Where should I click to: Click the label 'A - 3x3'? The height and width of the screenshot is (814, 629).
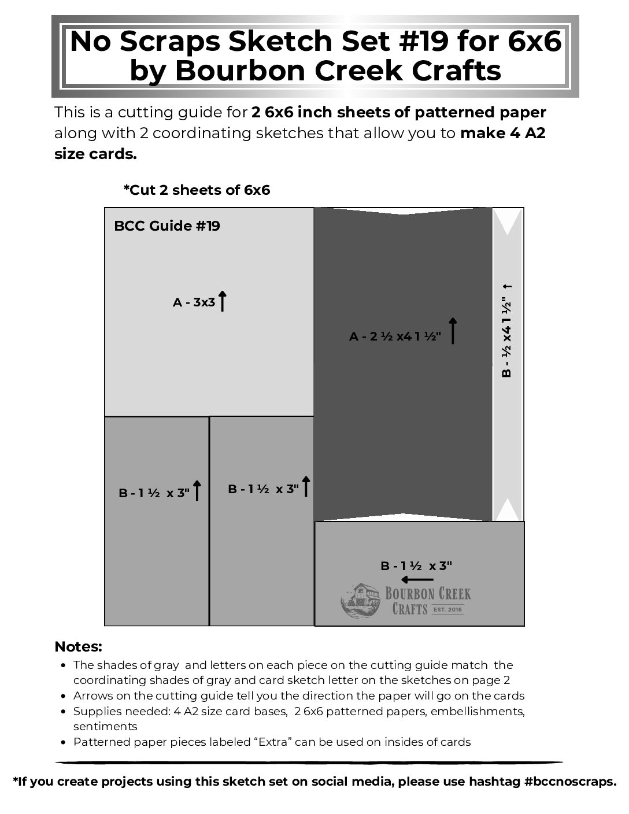194,302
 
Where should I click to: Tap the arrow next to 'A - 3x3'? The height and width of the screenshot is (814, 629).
222,301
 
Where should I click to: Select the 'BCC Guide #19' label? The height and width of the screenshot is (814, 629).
167,225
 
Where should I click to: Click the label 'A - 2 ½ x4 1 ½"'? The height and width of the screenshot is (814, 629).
395,336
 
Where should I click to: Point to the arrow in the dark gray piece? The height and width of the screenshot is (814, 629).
453,331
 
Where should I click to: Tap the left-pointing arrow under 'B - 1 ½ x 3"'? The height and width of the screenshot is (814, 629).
417,579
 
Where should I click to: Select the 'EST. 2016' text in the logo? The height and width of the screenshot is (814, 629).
448,609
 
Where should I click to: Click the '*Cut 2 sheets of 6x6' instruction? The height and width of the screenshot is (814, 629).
197,190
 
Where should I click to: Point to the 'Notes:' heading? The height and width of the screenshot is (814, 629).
78,646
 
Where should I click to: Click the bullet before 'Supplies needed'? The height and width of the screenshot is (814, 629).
62,712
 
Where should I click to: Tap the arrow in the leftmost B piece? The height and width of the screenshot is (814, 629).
197,490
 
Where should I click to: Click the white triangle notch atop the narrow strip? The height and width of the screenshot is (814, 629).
508,221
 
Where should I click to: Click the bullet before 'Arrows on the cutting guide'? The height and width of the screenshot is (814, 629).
62,696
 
